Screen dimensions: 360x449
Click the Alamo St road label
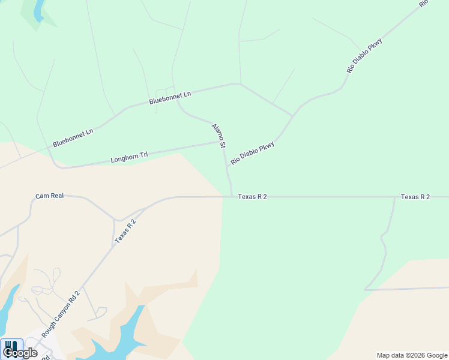click(218, 136)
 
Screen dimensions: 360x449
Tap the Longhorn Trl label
click(129, 158)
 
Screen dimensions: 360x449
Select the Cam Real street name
click(49, 196)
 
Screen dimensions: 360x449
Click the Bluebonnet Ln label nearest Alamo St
click(170, 98)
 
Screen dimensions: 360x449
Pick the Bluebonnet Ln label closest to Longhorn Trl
click(73, 138)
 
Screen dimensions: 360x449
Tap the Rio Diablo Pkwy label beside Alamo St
click(252, 153)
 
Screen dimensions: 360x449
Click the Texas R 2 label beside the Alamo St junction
click(252, 196)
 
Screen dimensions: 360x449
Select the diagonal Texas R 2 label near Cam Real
click(125, 231)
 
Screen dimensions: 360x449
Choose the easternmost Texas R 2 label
click(415, 197)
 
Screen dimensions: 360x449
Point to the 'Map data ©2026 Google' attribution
click(412, 355)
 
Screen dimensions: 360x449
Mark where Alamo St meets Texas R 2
click(232, 196)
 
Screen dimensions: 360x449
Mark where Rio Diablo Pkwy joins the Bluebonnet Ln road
click(292, 115)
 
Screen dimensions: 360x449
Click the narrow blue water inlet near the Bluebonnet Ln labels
click(38, 9)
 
